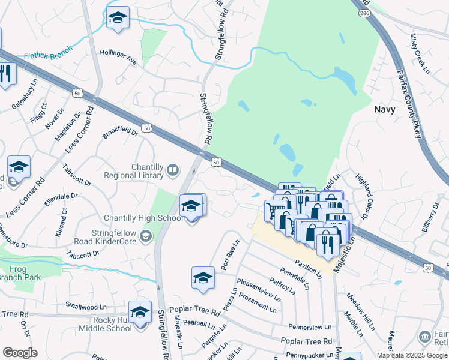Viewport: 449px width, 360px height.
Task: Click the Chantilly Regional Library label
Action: click(133, 172)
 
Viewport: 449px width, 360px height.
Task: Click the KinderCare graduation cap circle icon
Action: click(145, 238)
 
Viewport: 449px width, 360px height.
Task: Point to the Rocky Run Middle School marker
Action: click(140, 313)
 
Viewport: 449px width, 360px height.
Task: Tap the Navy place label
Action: click(385, 109)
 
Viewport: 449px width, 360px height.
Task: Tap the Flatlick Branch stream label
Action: click(47, 55)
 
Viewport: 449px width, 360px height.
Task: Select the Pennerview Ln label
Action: click(310, 328)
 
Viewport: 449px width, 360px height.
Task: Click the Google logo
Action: click(20, 353)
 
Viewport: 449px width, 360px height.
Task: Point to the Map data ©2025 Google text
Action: click(411, 355)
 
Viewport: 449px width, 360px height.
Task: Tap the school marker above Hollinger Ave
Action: click(118, 18)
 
